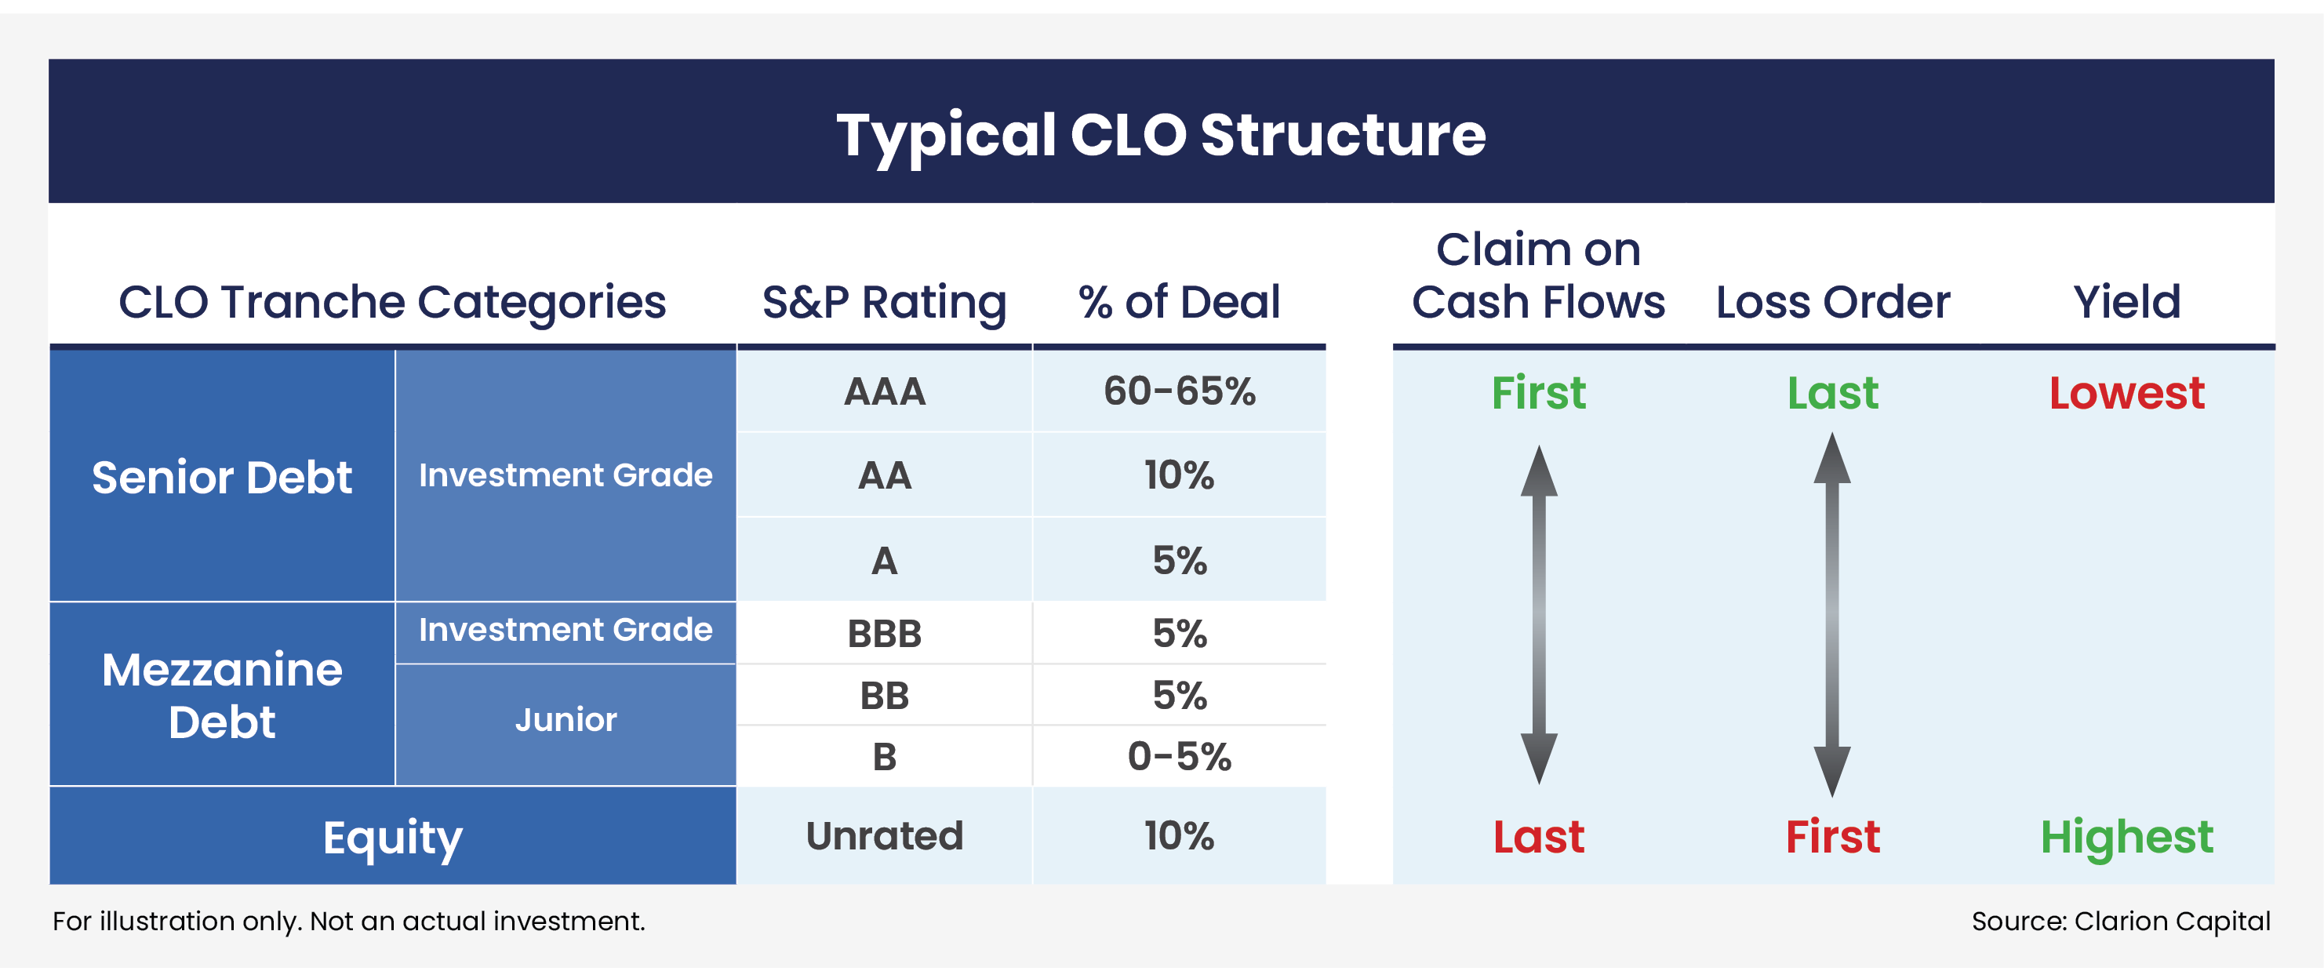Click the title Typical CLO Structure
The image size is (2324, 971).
point(1161,136)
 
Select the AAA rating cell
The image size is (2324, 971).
point(884,391)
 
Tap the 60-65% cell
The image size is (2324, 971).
point(1179,391)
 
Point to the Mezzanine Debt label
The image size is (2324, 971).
point(222,695)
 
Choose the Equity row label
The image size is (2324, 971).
point(392,838)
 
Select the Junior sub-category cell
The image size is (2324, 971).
point(566,720)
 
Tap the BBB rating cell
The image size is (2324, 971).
point(884,634)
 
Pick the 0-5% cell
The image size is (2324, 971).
point(1179,756)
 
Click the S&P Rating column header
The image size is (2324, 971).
point(884,302)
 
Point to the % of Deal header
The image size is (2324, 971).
point(1179,302)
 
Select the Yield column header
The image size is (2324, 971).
point(2126,302)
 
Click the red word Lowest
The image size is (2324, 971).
point(2126,394)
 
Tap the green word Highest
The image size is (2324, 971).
point(2126,838)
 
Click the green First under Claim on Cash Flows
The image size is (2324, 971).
point(1538,394)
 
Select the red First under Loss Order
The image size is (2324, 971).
point(1832,838)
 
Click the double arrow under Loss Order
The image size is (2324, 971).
point(1832,613)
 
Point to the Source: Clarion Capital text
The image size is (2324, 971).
point(2120,922)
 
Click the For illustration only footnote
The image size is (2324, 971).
point(349,922)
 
